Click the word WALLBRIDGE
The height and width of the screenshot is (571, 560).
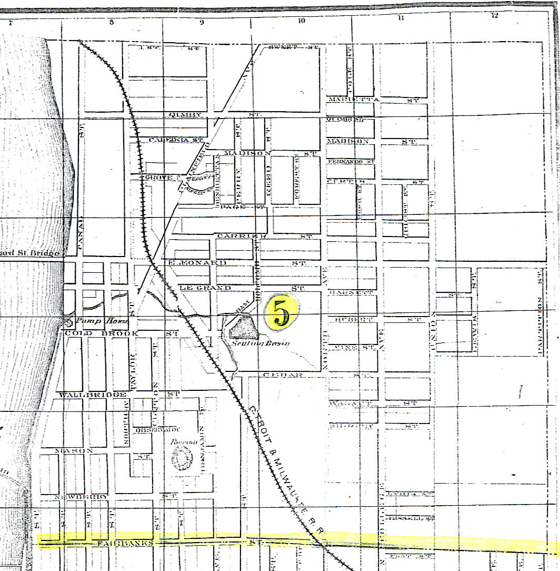pyautogui.click(x=93, y=395)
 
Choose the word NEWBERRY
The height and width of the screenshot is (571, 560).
pyautogui.click(x=82, y=497)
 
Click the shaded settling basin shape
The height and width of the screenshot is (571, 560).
pyautogui.click(x=243, y=329)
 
